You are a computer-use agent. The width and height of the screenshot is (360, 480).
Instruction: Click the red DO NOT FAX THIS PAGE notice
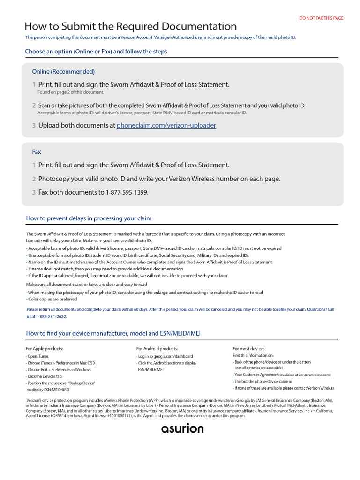(x=321, y=18)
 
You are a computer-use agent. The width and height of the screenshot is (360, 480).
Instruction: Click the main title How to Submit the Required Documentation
(x=130, y=26)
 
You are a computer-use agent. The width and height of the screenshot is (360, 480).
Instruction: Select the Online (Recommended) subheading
(x=63, y=72)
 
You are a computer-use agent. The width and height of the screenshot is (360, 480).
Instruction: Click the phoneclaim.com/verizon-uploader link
(x=166, y=126)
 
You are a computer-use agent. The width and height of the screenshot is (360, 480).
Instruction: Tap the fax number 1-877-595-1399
(x=127, y=192)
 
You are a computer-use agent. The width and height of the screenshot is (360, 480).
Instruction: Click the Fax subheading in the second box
(x=37, y=152)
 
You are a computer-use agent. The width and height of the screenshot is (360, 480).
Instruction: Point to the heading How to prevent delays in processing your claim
(x=89, y=218)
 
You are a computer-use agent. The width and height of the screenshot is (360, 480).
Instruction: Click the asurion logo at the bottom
(x=182, y=428)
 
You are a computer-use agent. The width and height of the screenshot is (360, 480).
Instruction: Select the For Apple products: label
(x=45, y=349)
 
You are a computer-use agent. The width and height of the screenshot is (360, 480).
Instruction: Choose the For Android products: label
(x=157, y=349)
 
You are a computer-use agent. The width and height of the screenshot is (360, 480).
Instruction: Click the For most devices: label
(x=249, y=349)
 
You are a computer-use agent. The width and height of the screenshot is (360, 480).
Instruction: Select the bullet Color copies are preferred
(x=52, y=299)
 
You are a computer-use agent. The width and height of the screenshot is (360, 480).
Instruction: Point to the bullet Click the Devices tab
(x=45, y=376)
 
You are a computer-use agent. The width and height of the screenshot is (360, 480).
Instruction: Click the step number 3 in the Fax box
(x=34, y=192)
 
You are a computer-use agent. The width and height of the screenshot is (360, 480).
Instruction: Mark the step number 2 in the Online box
(x=34, y=105)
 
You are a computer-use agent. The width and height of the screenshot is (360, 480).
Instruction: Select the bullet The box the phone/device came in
(x=263, y=382)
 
